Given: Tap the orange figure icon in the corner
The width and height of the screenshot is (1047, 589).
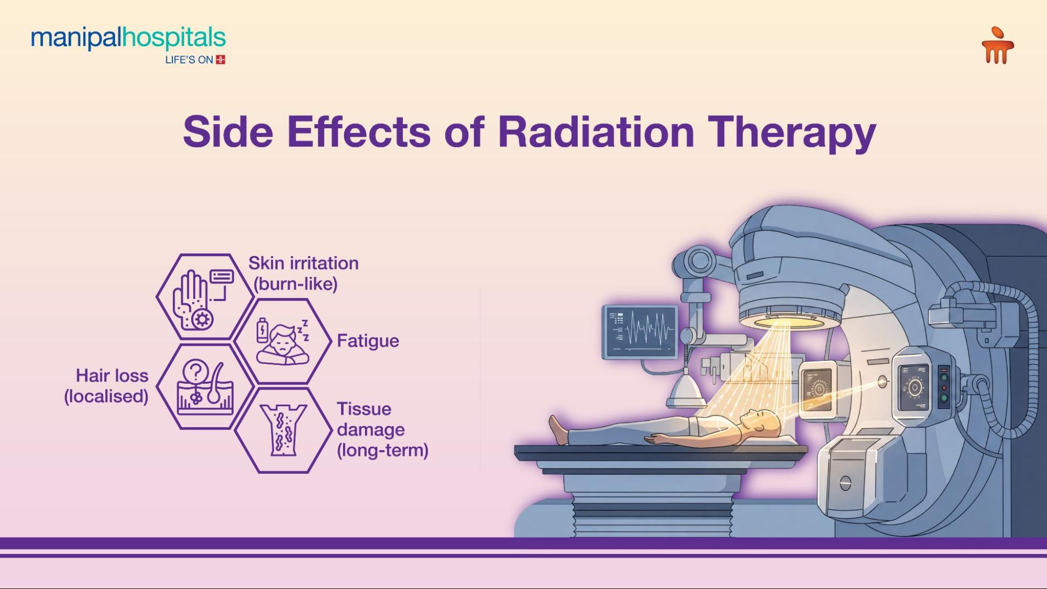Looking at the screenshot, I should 997,46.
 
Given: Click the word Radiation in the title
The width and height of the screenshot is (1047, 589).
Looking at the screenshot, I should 596,131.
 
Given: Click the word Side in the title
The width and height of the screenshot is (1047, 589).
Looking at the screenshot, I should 228,131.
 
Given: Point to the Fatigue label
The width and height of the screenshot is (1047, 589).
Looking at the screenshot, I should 368,341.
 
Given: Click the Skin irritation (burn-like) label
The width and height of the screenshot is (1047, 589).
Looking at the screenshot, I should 303,273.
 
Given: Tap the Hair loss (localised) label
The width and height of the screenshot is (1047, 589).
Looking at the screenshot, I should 107,386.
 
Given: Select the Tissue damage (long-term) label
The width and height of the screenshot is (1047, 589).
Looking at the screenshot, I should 382,429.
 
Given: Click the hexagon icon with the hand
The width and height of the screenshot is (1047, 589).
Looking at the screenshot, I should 205,297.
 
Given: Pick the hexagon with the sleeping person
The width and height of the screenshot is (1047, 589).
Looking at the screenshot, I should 283,341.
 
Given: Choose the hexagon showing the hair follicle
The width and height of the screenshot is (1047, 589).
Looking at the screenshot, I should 205,386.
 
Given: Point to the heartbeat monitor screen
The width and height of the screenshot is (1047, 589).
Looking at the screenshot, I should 640,331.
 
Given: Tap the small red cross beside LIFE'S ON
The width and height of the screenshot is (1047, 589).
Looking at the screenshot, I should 221,60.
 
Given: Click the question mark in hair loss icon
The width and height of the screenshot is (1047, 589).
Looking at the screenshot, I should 195,372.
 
